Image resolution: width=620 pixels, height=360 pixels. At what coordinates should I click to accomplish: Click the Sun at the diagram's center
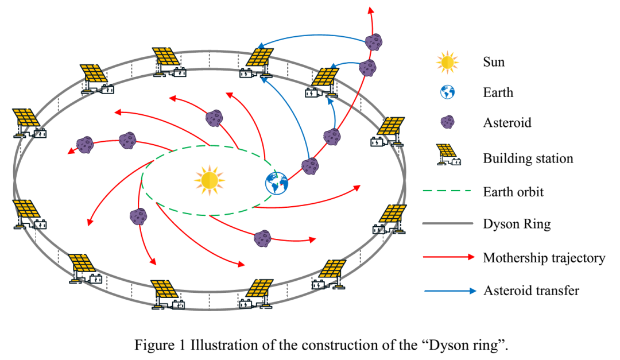tap(209, 179)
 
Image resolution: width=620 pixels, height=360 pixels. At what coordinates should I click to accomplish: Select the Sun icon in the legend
tap(447, 62)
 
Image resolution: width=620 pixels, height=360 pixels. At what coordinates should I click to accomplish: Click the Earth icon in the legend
tap(447, 92)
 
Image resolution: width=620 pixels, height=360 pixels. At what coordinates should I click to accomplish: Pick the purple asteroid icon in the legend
tap(447, 122)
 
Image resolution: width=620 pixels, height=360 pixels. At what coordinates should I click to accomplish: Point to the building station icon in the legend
tap(447, 154)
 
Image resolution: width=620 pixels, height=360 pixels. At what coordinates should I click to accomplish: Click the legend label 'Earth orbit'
tap(513, 191)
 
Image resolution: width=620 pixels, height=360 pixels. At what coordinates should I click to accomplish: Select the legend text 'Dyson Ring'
tap(517, 224)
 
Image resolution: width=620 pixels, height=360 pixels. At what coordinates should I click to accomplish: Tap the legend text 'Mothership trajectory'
tap(544, 257)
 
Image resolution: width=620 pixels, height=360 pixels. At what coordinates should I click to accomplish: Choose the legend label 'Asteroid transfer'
tap(531, 291)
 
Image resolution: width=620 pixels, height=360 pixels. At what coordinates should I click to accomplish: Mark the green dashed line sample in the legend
tap(447, 191)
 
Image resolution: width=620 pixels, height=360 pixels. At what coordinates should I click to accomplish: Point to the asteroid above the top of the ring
tap(374, 41)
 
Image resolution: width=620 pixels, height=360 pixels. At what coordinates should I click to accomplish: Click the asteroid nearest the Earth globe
tap(311, 166)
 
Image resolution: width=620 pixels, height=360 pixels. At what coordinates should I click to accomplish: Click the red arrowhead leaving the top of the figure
tap(371, 10)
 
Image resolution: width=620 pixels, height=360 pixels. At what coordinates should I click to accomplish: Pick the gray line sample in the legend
tap(447, 224)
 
